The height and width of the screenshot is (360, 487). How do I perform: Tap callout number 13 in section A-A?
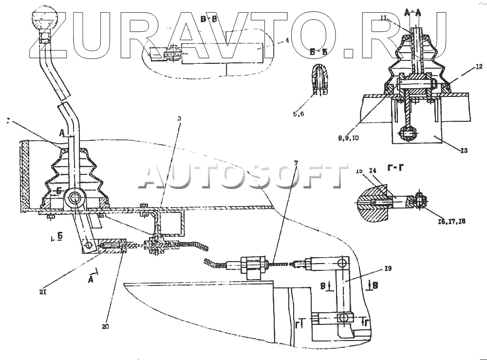463,151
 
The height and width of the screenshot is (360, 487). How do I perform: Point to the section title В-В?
208,19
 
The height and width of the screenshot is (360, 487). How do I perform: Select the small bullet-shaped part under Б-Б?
319,78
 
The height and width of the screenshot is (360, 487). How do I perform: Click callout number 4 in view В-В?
287,41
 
